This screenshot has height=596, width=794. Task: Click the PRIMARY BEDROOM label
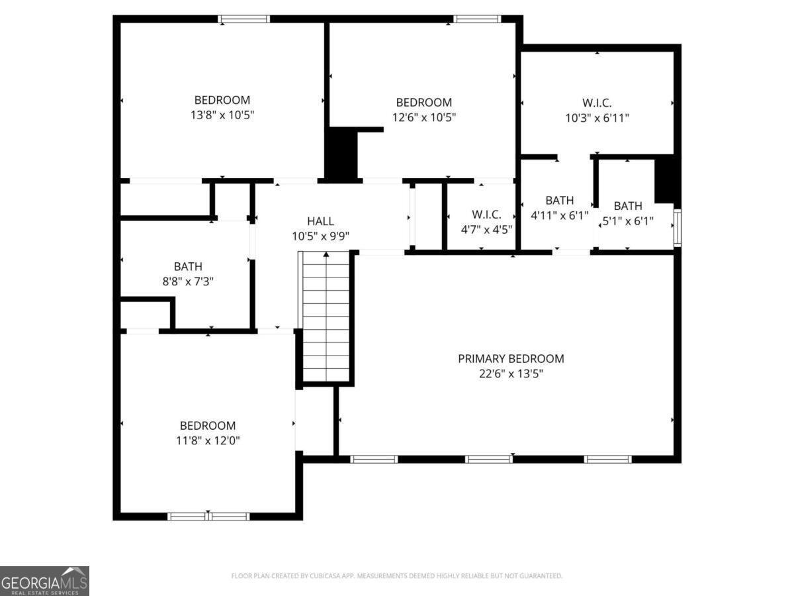click(x=511, y=358)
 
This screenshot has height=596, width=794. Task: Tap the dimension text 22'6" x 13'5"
click(x=511, y=373)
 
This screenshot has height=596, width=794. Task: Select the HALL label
click(x=320, y=221)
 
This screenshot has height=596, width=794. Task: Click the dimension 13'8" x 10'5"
click(x=222, y=115)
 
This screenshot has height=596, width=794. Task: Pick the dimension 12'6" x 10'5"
click(x=424, y=117)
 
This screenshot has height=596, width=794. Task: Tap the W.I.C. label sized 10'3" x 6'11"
click(x=597, y=103)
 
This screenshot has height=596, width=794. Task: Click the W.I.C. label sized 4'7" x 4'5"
click(x=486, y=215)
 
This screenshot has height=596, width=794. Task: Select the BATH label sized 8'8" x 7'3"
click(x=188, y=266)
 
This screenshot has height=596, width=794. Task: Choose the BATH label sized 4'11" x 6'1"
click(x=559, y=201)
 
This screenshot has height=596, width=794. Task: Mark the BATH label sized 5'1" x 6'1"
click(x=627, y=206)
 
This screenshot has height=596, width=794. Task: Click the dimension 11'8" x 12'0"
click(x=208, y=440)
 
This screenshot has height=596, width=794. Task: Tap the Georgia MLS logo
click(x=44, y=581)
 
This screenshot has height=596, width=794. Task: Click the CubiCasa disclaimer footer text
click(x=397, y=575)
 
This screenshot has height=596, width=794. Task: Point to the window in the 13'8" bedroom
click(x=244, y=19)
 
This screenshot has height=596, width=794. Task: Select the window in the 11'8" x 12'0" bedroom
click(x=208, y=516)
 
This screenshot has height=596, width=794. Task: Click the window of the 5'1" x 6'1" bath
click(x=677, y=228)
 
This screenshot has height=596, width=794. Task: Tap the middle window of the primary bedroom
click(x=488, y=459)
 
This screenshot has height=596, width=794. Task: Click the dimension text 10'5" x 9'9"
click(x=320, y=236)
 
